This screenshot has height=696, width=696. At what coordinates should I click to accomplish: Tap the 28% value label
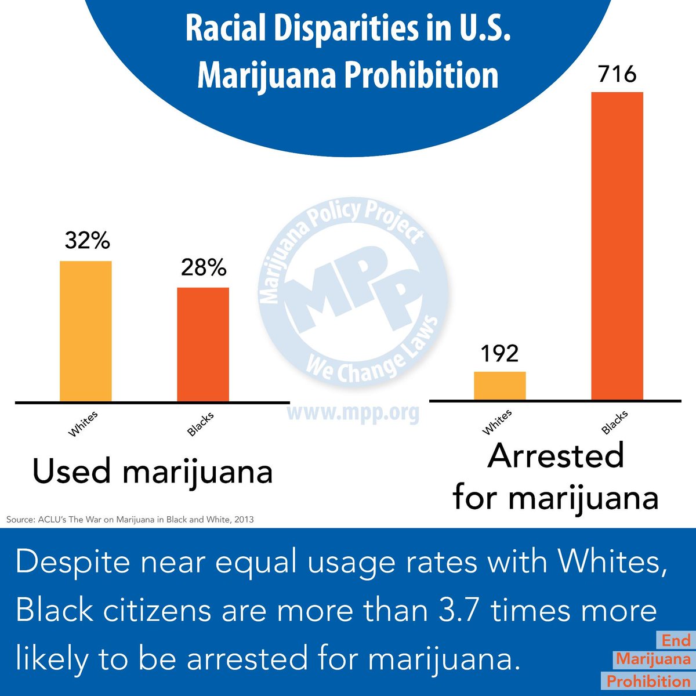pos(203,267)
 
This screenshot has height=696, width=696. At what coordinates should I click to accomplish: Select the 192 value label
pos(499,353)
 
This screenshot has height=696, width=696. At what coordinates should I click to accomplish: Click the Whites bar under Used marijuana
pos(86,331)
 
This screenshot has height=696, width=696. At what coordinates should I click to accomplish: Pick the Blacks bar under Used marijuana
pos(203,344)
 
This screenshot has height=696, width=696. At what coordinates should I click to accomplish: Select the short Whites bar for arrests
pos(500,386)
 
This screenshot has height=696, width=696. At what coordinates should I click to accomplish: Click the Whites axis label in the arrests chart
pos(498,422)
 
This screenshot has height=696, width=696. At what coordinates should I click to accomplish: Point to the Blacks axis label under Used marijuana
pos(201,425)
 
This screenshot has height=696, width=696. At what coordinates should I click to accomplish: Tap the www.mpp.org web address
pos(353,412)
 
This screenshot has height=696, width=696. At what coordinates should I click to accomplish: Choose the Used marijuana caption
pos(153,472)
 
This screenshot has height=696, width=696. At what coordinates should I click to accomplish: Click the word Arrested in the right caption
pos(556,456)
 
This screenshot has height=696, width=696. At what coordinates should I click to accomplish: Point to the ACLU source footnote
pos(130,519)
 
